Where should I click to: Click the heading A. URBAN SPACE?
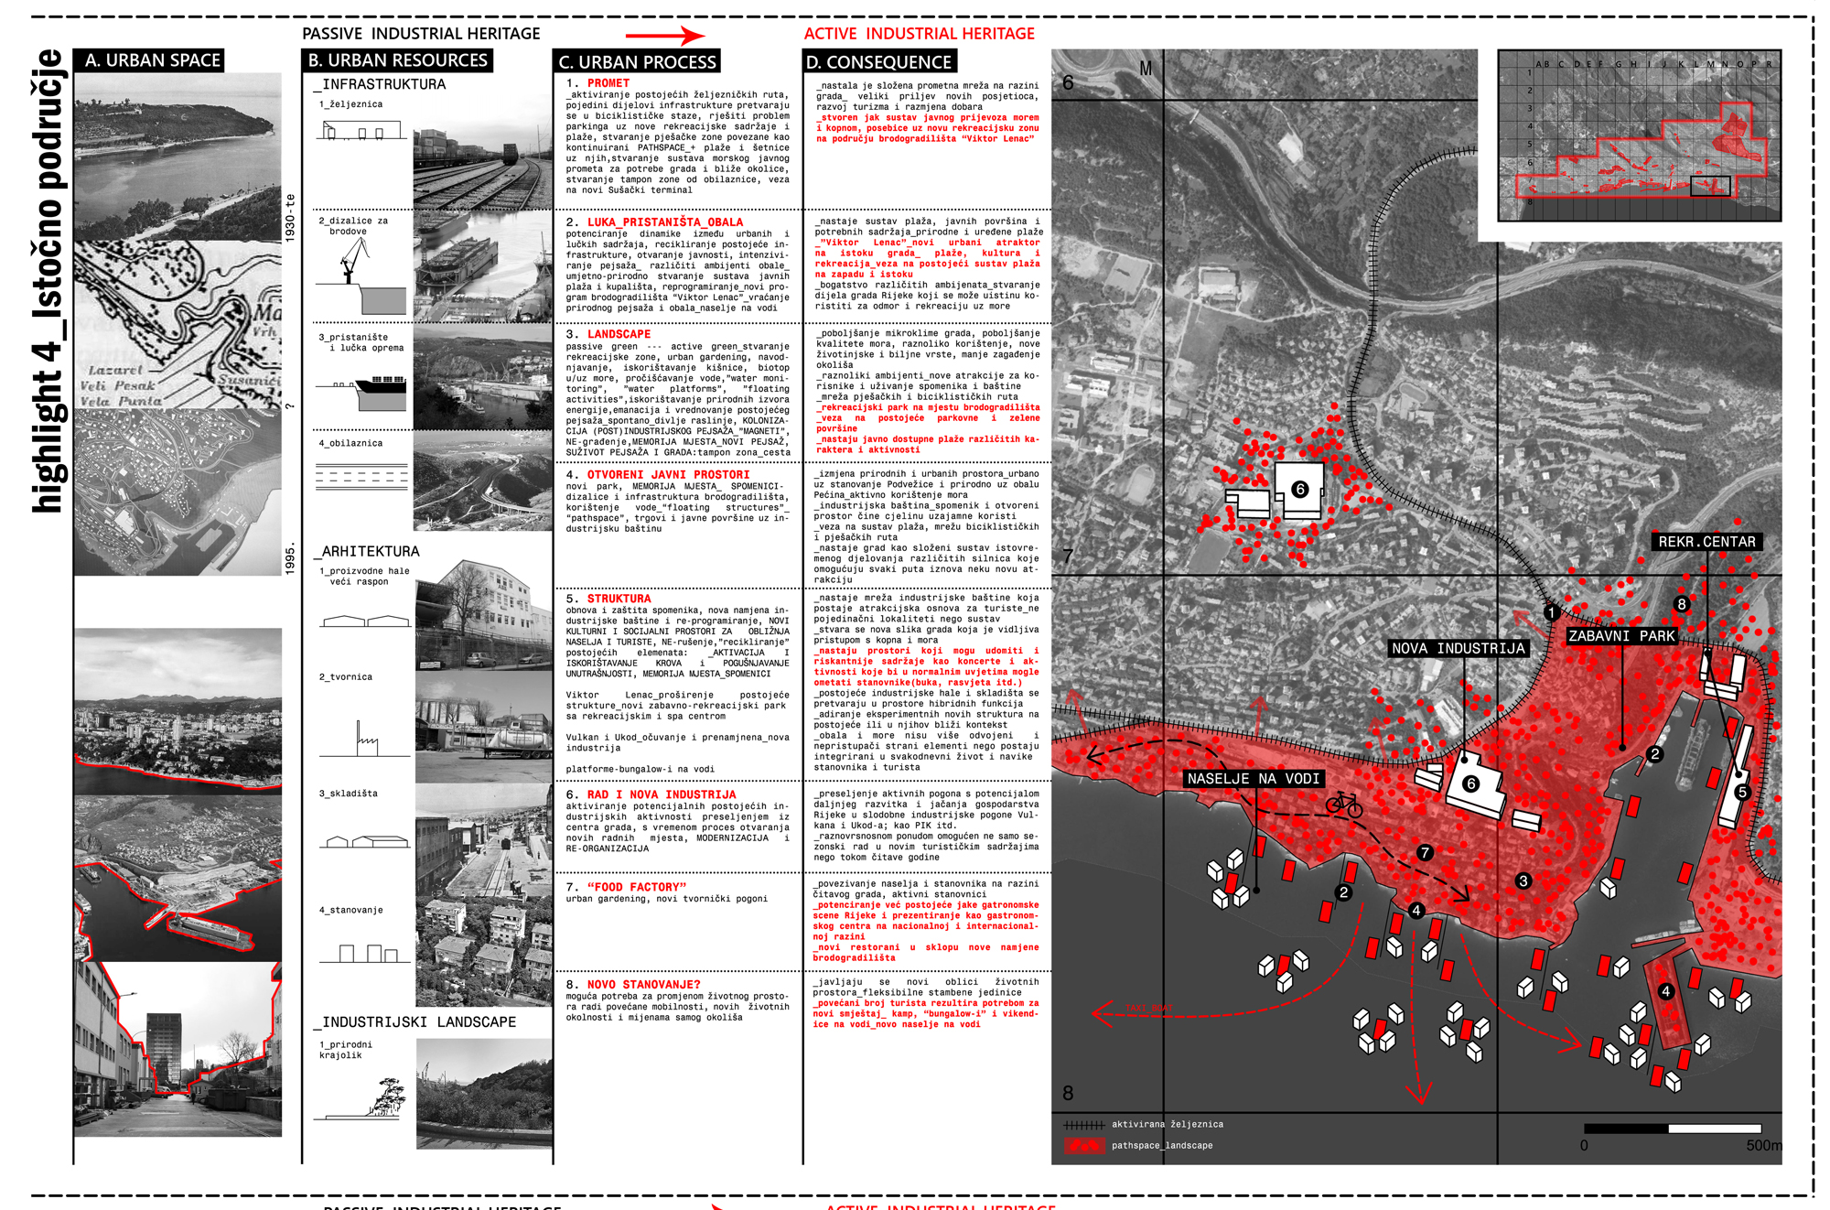149,60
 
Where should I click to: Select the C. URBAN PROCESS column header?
637,61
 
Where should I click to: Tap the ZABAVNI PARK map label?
1621,635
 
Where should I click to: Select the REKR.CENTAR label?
1706,542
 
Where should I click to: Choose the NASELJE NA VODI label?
1253,778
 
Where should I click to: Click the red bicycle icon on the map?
1344,805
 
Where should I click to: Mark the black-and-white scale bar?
1672,1129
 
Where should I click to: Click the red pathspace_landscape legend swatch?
1084,1145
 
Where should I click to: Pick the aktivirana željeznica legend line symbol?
1084,1124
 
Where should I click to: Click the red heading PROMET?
608,83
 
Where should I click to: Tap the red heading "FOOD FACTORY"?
637,887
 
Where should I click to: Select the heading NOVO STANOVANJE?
643,984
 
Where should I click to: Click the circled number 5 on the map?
1741,792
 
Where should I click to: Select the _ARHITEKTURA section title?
367,551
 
